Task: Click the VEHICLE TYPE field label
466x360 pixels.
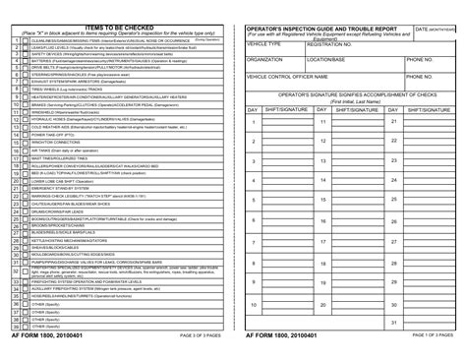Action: (266, 44)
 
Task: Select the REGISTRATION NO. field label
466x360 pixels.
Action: (329, 44)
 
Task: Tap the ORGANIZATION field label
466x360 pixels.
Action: (267, 59)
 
